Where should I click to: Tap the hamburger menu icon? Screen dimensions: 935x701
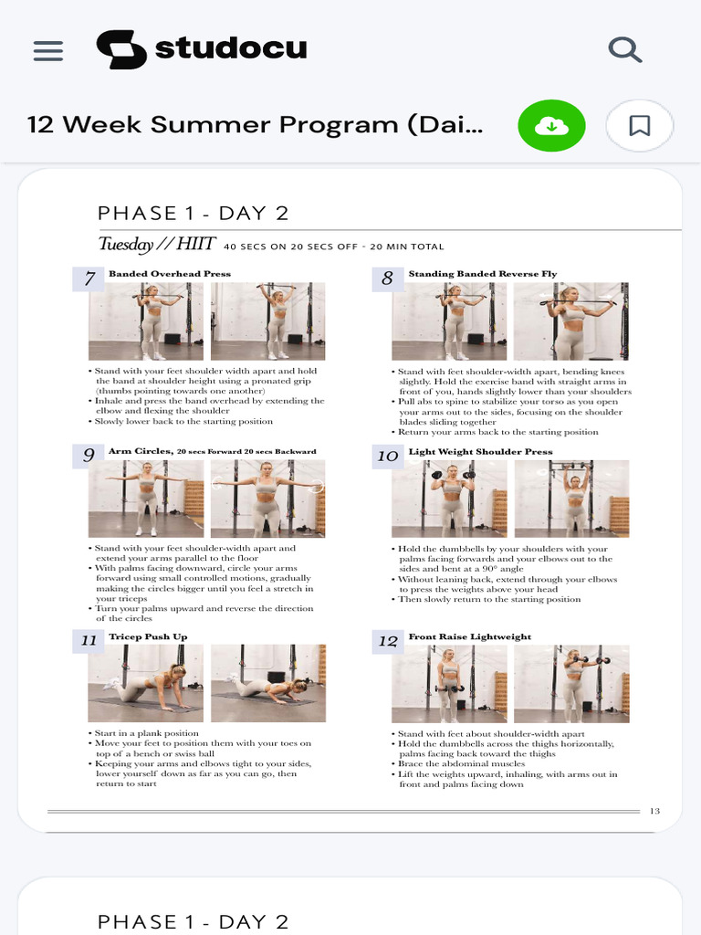point(48,50)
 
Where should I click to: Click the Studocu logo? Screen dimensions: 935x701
point(202,49)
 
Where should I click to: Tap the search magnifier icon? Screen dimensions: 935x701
point(625,49)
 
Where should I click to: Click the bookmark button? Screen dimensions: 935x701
point(640,126)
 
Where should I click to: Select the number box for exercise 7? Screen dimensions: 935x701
point(89,278)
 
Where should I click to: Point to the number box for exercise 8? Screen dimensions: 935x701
point(387,278)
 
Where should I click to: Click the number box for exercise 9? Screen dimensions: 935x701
point(89,455)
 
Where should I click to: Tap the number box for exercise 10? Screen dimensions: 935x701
point(387,456)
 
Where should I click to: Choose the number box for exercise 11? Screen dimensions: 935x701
point(89,640)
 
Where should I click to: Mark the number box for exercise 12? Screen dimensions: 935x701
point(387,641)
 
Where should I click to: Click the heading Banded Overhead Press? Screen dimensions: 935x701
point(170,274)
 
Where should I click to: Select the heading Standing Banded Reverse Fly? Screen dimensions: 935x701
point(482,274)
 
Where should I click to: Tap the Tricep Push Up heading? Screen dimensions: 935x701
point(148,636)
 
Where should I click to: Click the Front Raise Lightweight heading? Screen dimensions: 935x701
point(469,636)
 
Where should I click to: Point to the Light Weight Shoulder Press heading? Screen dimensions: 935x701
point(480,451)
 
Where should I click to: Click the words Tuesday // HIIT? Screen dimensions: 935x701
point(156,244)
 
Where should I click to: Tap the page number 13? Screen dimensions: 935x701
point(654,811)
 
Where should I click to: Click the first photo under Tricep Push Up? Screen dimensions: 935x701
point(146,683)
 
